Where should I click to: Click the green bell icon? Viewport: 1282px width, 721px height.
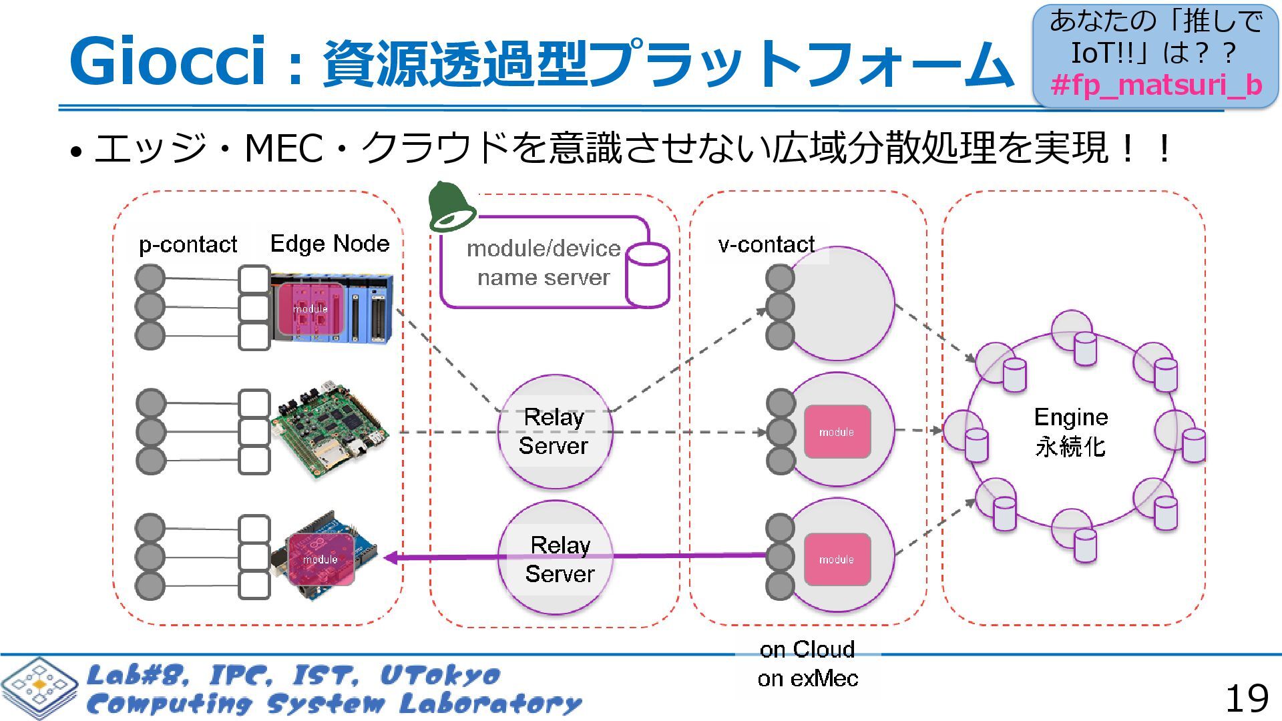452,207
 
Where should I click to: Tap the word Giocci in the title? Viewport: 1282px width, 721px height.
167,61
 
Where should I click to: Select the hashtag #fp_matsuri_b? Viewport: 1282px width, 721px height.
1156,85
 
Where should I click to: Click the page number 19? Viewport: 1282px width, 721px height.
1246,698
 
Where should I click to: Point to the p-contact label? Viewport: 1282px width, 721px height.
188,244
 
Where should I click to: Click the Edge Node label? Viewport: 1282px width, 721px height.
329,243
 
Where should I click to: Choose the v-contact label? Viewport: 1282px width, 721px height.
766,244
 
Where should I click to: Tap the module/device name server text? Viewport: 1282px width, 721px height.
544,263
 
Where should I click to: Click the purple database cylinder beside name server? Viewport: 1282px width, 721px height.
647,274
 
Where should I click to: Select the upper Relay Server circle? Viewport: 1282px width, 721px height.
554,431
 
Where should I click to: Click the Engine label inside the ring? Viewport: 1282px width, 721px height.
1070,417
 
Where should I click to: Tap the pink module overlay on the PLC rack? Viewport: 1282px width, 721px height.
310,308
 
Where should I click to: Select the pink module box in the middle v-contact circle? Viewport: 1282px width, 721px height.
837,432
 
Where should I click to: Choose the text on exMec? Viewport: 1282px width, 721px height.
807,679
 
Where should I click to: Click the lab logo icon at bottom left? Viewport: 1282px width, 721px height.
39,688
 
